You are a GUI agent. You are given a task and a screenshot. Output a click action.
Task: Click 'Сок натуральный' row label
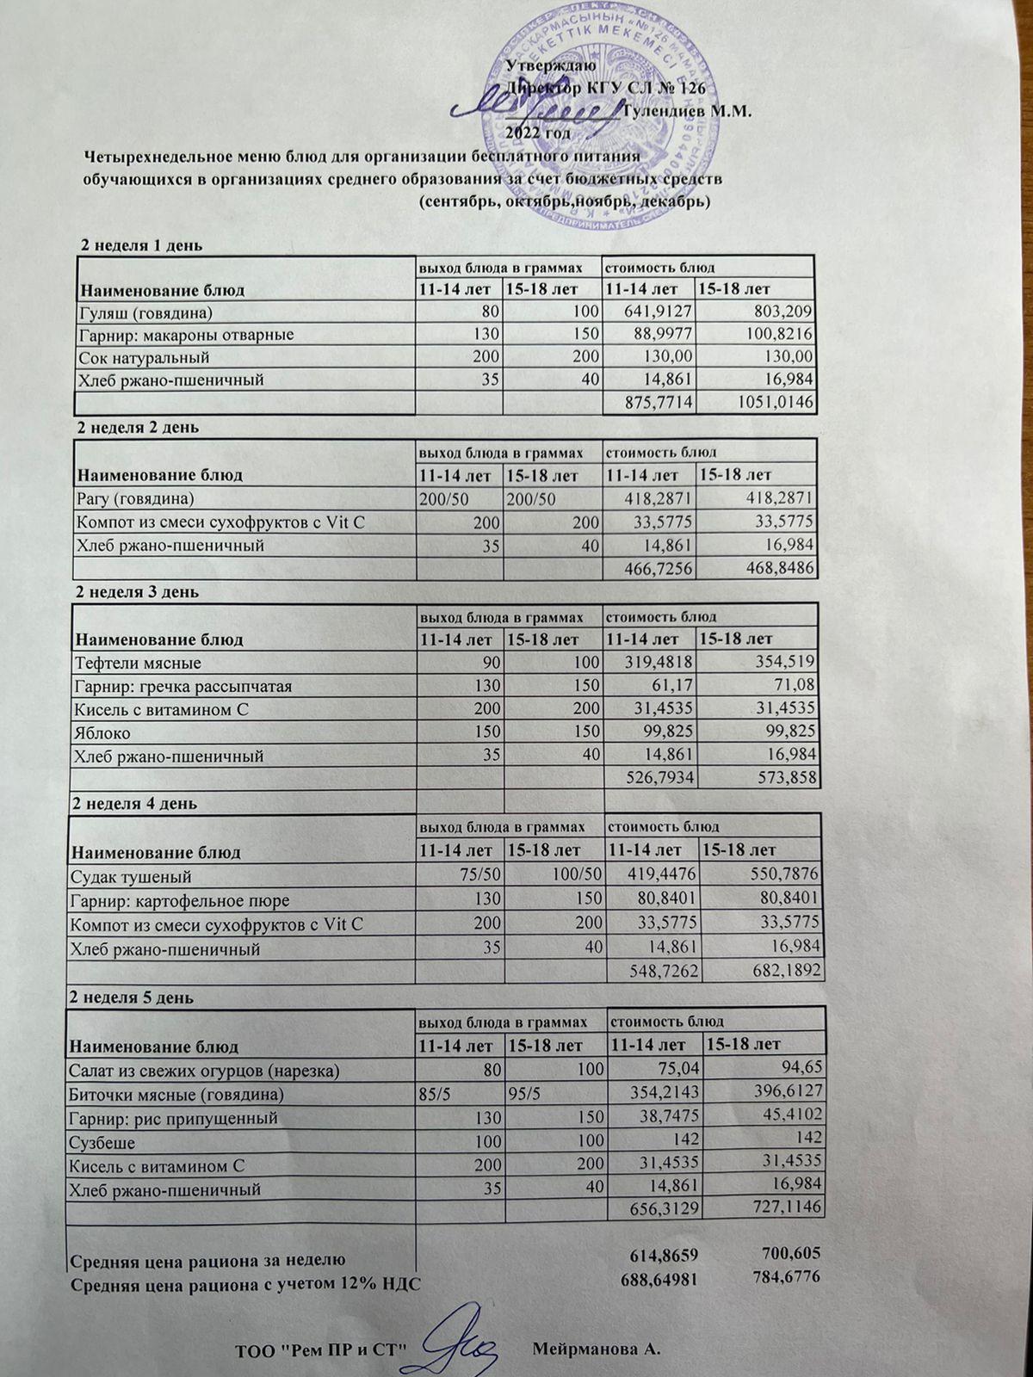[x=144, y=356]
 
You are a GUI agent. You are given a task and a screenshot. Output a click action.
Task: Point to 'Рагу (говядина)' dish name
[x=135, y=499]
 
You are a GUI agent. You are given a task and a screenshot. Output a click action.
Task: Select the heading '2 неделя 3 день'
[x=139, y=592]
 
